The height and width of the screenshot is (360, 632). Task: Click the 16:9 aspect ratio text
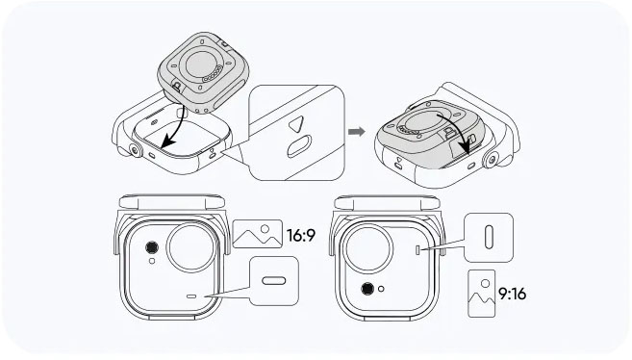[301, 235]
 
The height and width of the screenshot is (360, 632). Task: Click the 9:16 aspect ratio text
[513, 294]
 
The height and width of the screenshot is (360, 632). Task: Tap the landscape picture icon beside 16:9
[258, 234]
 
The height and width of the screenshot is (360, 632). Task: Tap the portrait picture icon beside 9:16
[481, 294]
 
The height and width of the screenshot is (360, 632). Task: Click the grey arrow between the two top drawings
[356, 132]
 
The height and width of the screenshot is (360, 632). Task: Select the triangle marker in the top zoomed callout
[296, 123]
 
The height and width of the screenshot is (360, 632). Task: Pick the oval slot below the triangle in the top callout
[299, 146]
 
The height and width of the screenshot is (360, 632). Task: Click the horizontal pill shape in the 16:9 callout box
[274, 280]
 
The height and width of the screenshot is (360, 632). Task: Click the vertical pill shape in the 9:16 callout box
[489, 238]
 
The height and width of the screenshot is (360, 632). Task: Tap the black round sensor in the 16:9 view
[152, 247]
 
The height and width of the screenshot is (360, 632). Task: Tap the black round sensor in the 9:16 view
[367, 289]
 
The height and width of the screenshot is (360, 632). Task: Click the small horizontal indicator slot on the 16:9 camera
[191, 296]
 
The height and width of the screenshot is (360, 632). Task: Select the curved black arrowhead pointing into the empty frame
[167, 141]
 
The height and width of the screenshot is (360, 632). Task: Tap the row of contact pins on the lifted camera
[212, 74]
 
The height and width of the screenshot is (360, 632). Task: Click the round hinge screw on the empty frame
[135, 151]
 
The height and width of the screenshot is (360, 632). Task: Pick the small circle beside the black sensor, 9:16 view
[381, 289]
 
